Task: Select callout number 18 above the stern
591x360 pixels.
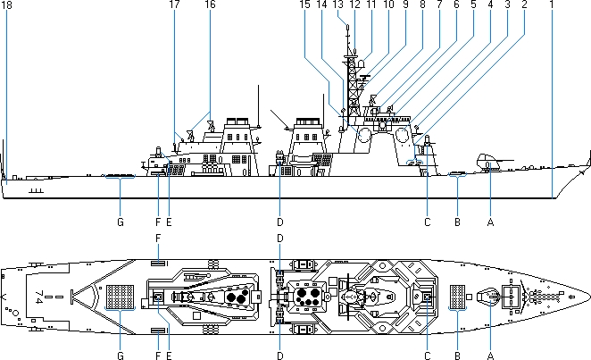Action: click(7, 5)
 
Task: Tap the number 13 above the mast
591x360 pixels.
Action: click(337, 5)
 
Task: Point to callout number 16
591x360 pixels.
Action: click(210, 5)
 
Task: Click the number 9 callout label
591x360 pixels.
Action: click(404, 5)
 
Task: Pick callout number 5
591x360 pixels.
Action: click(472, 5)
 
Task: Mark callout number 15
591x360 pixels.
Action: click(305, 5)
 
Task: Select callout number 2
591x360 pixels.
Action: click(524, 5)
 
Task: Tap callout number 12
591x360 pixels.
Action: click(354, 5)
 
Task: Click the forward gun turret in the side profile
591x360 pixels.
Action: click(489, 162)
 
